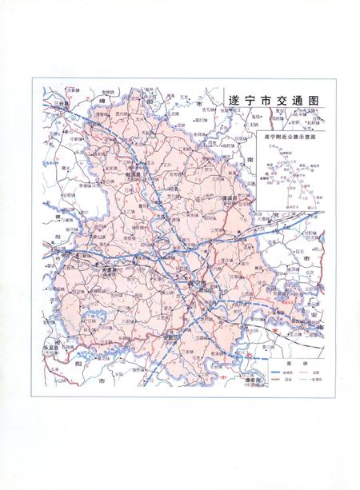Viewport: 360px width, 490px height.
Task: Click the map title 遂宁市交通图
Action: point(274,102)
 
